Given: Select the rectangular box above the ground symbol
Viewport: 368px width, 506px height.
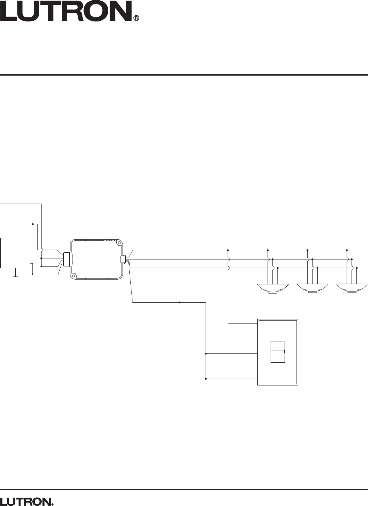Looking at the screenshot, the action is [15, 253].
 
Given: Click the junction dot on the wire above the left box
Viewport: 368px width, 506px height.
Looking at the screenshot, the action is [33, 224].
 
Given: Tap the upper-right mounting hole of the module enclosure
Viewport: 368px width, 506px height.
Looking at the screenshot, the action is [118, 243].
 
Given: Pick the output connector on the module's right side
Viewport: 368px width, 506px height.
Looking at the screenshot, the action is [123, 259].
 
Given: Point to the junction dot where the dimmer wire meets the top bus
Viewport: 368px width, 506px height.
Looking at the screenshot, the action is [228, 250].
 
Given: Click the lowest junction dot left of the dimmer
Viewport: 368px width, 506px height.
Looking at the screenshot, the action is [206, 379].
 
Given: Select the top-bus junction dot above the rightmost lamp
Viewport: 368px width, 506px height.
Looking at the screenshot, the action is [347, 250].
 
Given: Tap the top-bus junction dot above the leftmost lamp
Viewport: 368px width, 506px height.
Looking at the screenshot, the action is [268, 250].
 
